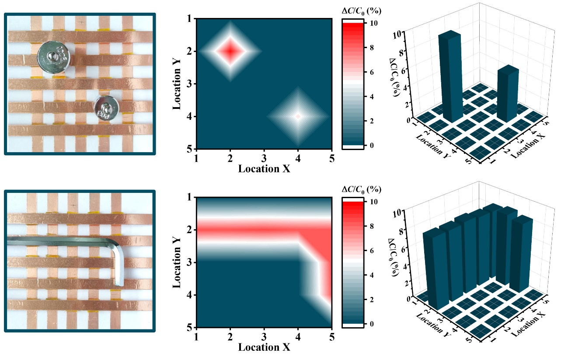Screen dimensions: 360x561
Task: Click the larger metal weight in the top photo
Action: coord(54,57)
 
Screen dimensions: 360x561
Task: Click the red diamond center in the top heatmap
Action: coord(231,51)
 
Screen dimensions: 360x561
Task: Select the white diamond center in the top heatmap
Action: coord(298,116)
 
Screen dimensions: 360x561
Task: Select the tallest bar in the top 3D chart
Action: coord(450,74)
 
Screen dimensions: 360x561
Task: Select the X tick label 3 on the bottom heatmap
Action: coord(264,336)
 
